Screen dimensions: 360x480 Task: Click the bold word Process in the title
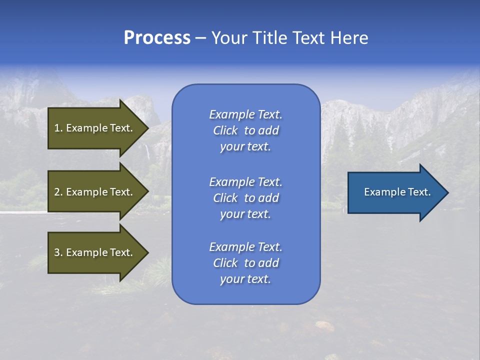tap(157, 38)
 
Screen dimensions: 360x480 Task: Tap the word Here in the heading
tap(349, 38)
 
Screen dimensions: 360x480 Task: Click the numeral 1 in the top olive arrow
tap(56, 128)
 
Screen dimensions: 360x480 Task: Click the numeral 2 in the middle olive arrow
tap(57, 192)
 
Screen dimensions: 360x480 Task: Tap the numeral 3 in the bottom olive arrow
tap(57, 252)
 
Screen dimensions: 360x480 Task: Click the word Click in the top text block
tap(225, 130)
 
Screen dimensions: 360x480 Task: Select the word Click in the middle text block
tap(225, 198)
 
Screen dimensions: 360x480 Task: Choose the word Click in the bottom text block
tap(225, 263)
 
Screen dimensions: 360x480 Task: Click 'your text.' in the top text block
tap(245, 146)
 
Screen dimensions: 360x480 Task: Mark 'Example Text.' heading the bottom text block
tap(245, 247)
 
